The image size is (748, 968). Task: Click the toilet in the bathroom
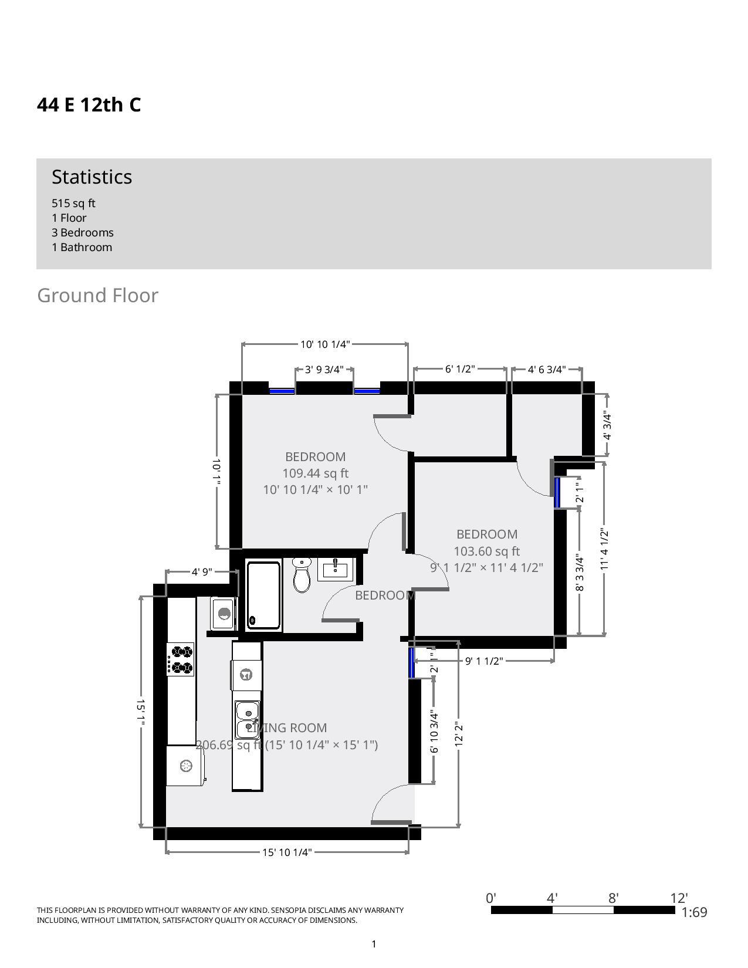pyautogui.click(x=302, y=576)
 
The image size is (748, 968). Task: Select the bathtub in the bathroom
pyautogui.click(x=263, y=595)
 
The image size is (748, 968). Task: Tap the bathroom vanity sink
pyautogui.click(x=336, y=569)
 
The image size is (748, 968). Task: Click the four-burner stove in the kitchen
pyautogui.click(x=181, y=659)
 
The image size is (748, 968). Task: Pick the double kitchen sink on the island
pyautogui.click(x=247, y=720)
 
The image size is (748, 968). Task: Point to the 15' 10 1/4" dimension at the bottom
pyautogui.click(x=287, y=852)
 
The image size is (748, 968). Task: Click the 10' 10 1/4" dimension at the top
pyautogui.click(x=325, y=344)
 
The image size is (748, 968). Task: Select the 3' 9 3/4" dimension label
pyautogui.click(x=324, y=370)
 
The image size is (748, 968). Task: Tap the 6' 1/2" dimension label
pyautogui.click(x=460, y=369)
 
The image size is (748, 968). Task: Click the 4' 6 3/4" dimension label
pyautogui.click(x=546, y=370)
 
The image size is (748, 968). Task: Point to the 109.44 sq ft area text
pyautogui.click(x=315, y=473)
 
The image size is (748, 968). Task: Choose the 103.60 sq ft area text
pyautogui.click(x=486, y=551)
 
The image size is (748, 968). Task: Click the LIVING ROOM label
pyautogui.click(x=287, y=727)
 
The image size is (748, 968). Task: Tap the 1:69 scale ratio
pyautogui.click(x=694, y=912)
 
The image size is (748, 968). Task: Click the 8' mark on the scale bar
pyautogui.click(x=613, y=898)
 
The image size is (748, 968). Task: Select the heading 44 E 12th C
pyautogui.click(x=89, y=104)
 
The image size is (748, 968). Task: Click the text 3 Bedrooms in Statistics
pyautogui.click(x=83, y=232)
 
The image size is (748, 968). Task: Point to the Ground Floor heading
pyautogui.click(x=97, y=295)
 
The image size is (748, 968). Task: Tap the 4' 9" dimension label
pyautogui.click(x=201, y=572)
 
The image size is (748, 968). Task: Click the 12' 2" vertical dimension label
pyautogui.click(x=459, y=734)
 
